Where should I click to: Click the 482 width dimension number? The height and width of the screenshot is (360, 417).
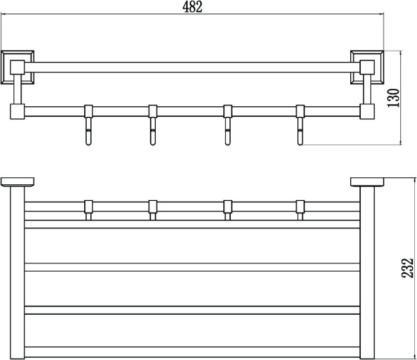193,7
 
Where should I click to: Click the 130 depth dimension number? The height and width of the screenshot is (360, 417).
393,98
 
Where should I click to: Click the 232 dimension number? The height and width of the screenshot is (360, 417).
407,268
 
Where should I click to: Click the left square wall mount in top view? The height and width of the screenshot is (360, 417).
17,67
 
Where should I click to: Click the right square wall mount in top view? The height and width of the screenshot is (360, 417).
367,67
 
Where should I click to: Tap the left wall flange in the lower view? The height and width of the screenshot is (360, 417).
17,182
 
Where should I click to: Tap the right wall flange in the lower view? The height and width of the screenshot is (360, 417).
367,182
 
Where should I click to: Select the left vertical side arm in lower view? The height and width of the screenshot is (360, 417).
17,272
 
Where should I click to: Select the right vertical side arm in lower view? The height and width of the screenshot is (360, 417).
367,272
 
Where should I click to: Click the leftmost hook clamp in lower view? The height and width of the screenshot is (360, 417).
88,210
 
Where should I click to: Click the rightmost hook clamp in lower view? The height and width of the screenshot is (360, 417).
300,210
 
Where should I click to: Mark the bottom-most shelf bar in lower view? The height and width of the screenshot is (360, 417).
192,352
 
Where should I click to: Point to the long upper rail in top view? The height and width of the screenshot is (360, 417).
192,67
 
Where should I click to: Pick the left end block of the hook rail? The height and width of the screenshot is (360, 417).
17,111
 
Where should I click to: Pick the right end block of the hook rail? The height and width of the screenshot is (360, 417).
367,111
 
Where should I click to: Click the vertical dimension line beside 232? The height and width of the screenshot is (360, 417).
415,268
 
